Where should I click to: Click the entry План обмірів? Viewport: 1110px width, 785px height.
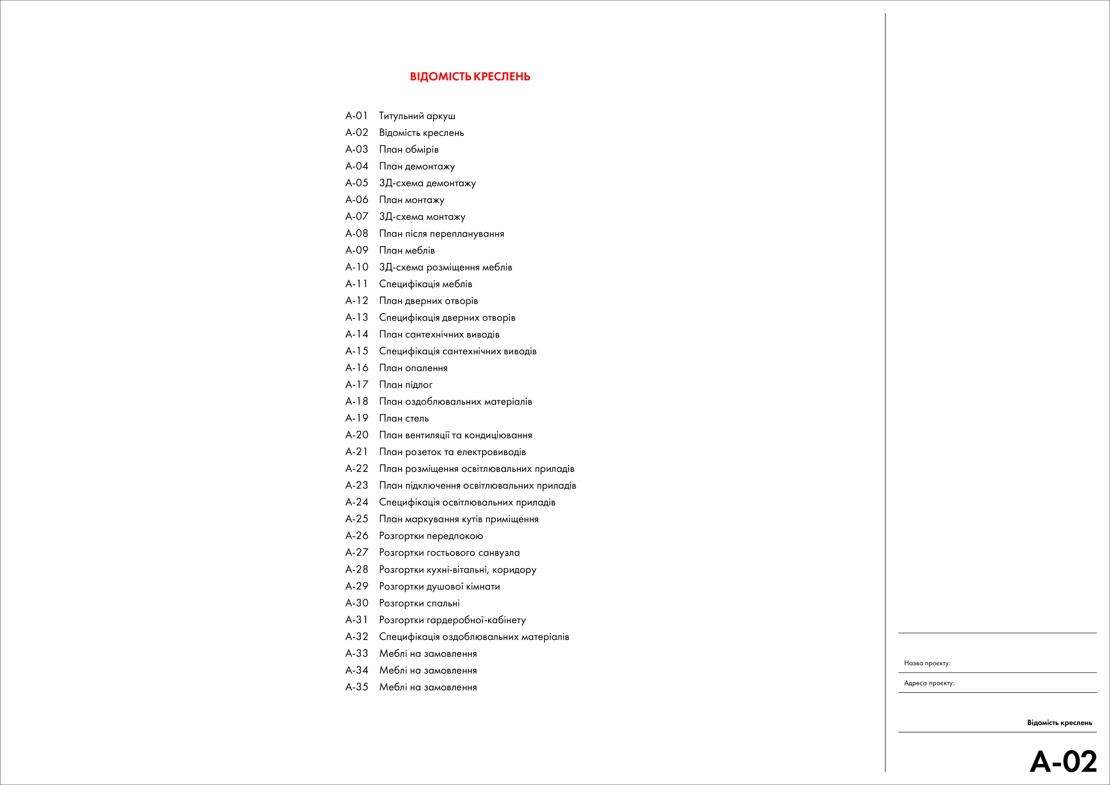[x=408, y=149]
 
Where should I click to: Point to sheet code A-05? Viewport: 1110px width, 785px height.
[x=356, y=183]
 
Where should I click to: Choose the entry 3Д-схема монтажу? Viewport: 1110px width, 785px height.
[x=422, y=217]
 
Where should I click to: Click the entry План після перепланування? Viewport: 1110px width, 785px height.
[x=441, y=234]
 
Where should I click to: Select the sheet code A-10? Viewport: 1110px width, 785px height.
[x=356, y=267]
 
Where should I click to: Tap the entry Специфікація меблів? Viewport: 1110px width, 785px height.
[x=425, y=284]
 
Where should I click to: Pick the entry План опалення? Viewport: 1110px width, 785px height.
[x=413, y=368]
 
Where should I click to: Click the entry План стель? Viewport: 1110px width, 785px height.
[x=404, y=418]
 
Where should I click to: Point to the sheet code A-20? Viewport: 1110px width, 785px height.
[x=356, y=435]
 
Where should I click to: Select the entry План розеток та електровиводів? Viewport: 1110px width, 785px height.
[x=452, y=452]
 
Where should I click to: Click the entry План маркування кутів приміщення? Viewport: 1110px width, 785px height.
[x=458, y=519]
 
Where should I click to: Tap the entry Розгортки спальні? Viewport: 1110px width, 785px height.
[x=419, y=603]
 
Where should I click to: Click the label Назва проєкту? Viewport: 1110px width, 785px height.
[x=927, y=663]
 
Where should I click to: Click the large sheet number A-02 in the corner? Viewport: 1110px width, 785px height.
[x=1063, y=763]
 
